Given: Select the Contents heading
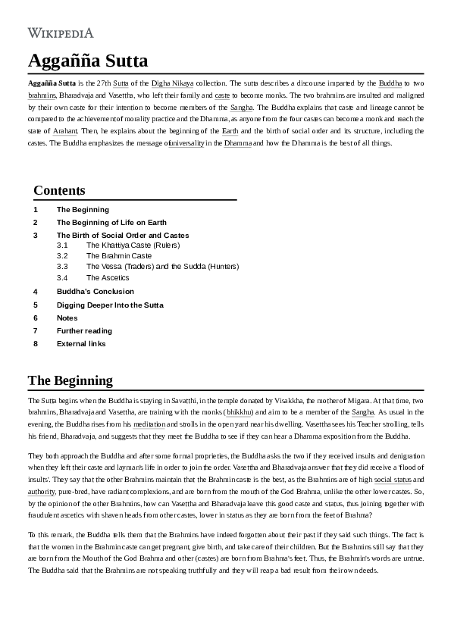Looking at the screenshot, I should click(x=59, y=190).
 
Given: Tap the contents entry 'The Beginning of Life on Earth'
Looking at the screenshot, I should click(x=111, y=223).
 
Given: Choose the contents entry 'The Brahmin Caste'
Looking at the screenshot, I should click(x=119, y=256).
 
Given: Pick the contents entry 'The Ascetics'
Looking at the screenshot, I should click(x=108, y=277).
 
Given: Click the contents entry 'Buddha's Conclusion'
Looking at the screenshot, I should click(x=95, y=291).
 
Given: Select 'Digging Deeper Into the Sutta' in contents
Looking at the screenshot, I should click(x=110, y=305).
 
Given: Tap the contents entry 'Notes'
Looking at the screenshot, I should click(x=67, y=317).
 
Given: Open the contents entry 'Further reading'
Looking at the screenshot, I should click(x=84, y=330).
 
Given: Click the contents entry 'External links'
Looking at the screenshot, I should click(x=81, y=343).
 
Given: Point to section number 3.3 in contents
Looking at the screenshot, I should click(x=62, y=267).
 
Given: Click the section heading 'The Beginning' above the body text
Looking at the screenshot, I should click(x=70, y=380).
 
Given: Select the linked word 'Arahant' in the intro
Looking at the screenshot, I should click(x=65, y=131).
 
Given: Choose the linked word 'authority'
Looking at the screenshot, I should click(x=41, y=492).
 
